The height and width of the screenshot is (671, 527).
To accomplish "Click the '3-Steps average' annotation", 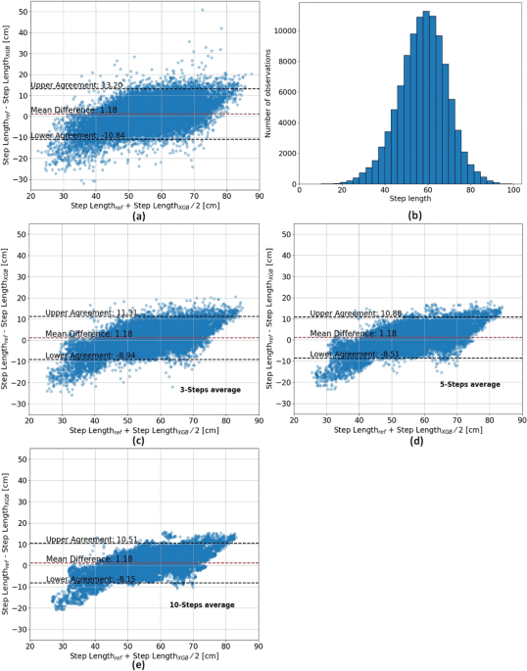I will pyautogui.click(x=203, y=390).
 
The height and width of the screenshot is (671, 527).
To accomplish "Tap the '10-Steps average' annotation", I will pyautogui.click(x=202, y=605).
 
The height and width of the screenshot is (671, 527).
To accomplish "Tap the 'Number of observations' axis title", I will pyautogui.click(x=271, y=96).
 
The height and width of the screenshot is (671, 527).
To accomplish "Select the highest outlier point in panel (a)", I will pyautogui.click(x=202, y=11).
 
